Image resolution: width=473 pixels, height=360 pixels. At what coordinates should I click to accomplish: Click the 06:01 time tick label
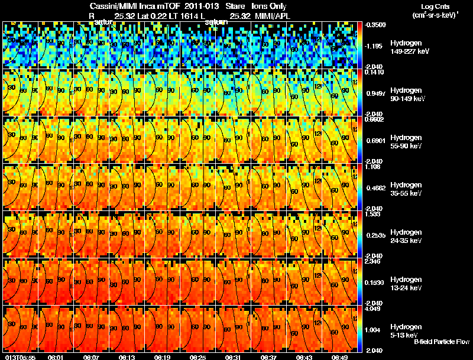click(56, 356)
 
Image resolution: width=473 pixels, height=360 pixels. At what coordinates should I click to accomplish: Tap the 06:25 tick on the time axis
click(197, 356)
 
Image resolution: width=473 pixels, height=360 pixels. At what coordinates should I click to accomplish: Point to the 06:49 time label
click(339, 356)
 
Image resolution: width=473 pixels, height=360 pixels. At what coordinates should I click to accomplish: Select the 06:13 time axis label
click(127, 356)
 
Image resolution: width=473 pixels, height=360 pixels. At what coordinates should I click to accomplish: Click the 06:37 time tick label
click(268, 356)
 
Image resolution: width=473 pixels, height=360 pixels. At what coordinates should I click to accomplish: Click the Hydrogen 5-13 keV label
click(405, 331)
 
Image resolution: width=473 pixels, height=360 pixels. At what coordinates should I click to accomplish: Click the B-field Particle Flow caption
click(441, 342)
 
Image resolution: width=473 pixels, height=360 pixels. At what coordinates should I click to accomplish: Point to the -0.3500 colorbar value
click(374, 25)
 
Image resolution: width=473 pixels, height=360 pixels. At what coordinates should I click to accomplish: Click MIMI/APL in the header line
click(272, 15)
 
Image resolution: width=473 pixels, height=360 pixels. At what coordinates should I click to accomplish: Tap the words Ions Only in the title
click(268, 7)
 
